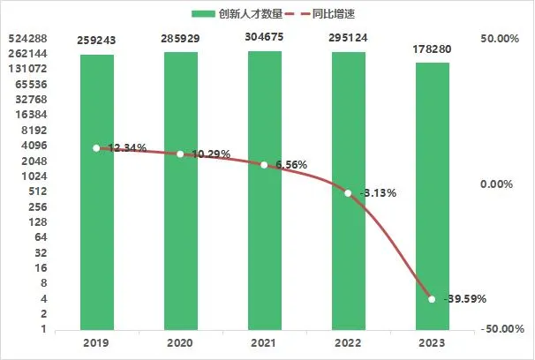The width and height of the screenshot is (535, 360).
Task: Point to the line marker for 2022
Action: pyautogui.click(x=348, y=193)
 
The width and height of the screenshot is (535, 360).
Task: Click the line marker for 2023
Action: pyautogui.click(x=432, y=299)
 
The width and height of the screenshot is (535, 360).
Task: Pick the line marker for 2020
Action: pyautogui.click(x=180, y=154)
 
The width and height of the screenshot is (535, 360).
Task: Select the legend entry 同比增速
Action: pyautogui.click(x=328, y=13)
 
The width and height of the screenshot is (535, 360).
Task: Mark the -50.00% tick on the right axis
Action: pyautogui.click(x=501, y=329)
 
